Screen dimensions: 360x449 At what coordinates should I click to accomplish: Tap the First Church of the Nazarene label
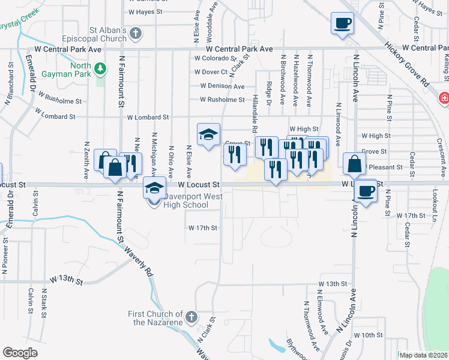point(155,318)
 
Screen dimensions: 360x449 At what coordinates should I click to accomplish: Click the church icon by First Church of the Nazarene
point(191,317)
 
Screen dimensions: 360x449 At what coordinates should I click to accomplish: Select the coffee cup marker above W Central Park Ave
point(343,24)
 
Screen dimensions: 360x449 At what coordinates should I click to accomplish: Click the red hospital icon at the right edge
point(444,97)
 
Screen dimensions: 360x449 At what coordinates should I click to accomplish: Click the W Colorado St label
point(215,58)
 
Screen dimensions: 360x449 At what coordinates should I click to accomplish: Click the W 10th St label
point(368,335)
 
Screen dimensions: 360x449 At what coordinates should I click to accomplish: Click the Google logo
point(20,353)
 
